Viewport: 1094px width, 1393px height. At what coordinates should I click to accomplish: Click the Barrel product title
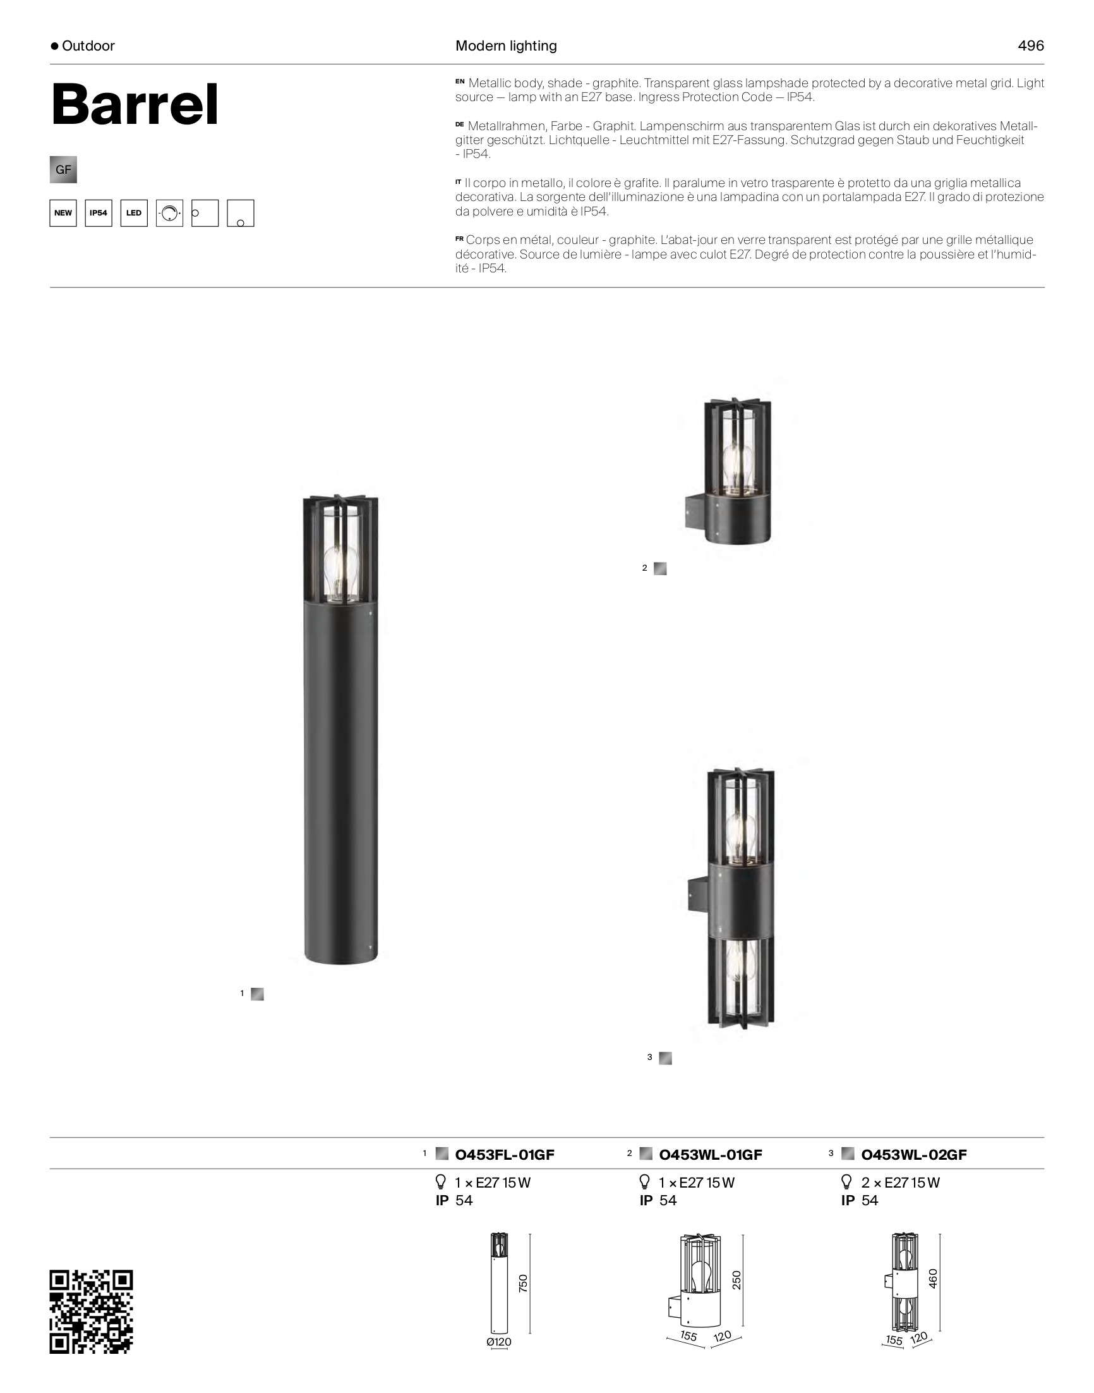(135, 104)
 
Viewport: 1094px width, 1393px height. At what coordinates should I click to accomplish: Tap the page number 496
(1031, 46)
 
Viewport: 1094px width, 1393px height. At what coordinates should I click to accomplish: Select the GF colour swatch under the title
(63, 170)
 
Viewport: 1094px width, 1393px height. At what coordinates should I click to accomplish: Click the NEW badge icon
(63, 214)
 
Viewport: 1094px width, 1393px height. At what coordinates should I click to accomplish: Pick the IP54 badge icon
(99, 214)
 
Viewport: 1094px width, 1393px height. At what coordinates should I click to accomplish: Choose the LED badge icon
(134, 214)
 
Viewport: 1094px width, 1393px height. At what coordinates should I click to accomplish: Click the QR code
(92, 1311)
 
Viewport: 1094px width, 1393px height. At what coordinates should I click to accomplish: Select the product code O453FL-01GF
(505, 1155)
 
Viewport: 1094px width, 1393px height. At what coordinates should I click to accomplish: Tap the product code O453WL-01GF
(711, 1155)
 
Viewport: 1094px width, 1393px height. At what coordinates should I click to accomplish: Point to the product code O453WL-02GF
(914, 1155)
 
